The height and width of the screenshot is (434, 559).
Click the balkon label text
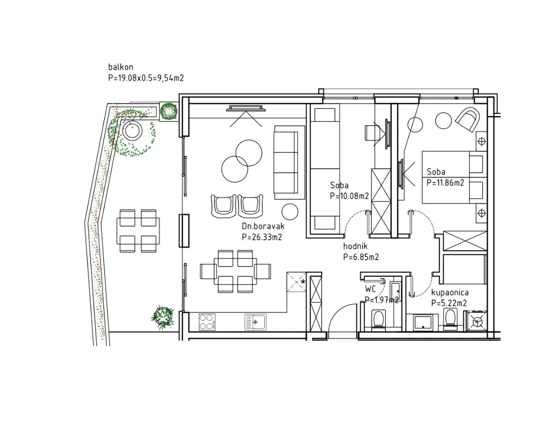(120, 67)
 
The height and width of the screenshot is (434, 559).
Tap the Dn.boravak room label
(263, 226)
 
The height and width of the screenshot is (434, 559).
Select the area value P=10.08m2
(350, 196)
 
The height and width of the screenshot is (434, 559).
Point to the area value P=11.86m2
(445, 182)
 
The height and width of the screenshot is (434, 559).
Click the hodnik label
(355, 246)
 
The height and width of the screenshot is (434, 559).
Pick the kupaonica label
(450, 292)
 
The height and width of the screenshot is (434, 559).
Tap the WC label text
(370, 289)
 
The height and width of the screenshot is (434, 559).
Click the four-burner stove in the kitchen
(207, 322)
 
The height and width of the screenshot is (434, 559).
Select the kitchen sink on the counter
(255, 322)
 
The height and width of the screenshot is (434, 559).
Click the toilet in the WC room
(378, 319)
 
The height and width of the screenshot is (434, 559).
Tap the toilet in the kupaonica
(451, 318)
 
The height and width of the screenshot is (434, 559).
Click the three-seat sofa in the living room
(289, 162)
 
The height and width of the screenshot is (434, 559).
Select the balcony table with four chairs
(138, 231)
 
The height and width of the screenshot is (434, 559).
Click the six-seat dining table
(235, 271)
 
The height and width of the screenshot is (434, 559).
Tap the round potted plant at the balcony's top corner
(169, 111)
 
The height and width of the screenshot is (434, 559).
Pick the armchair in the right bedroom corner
(468, 119)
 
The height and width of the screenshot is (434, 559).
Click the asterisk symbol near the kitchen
(303, 282)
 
